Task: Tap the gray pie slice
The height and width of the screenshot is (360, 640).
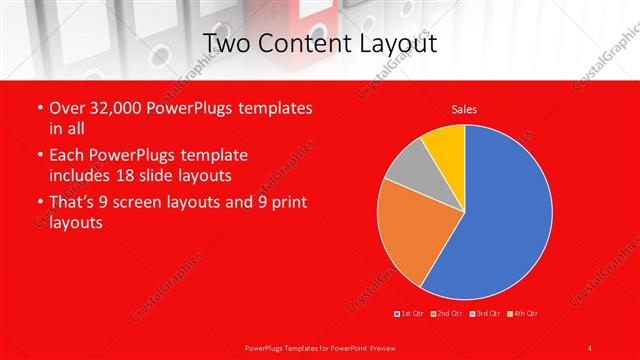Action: click(x=408, y=170)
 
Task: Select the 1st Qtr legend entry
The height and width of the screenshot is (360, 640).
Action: click(x=410, y=314)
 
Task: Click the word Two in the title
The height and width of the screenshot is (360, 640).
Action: click(x=225, y=43)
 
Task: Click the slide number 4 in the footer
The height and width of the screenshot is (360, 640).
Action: click(x=590, y=347)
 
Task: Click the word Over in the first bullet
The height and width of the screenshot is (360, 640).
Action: click(x=67, y=107)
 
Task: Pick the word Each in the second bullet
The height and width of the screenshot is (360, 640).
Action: click(x=68, y=155)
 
